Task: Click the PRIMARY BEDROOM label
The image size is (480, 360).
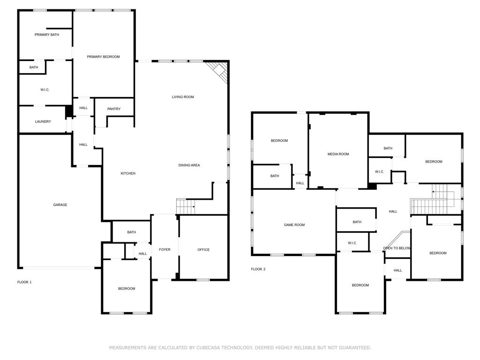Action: (x=103, y=57)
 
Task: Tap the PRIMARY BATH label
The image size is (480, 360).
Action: (x=47, y=35)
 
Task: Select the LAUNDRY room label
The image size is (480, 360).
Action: (x=43, y=121)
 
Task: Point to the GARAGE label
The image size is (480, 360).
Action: (x=60, y=204)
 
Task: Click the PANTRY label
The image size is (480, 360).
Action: (x=114, y=109)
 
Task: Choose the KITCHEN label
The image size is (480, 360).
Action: (x=128, y=173)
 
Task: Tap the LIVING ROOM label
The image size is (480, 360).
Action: (x=183, y=97)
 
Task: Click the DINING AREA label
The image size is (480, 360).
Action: (x=189, y=165)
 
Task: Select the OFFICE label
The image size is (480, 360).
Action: (x=203, y=250)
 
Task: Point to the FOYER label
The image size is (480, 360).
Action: (x=165, y=250)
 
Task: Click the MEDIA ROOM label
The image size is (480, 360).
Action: (x=338, y=154)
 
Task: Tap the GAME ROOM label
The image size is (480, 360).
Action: (x=294, y=225)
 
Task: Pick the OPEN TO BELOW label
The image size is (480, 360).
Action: (x=397, y=248)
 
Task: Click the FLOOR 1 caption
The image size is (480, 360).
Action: (x=24, y=282)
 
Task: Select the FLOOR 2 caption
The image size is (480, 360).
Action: (x=258, y=269)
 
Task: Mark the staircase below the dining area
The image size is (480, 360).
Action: (x=185, y=206)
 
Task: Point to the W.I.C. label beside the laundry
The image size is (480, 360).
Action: (x=45, y=90)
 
